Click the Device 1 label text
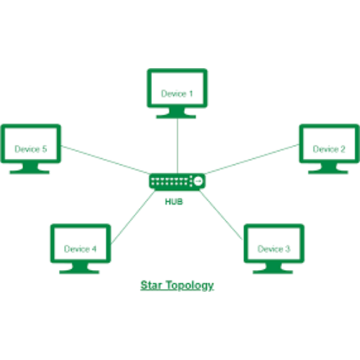pos(177,94)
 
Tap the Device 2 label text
pos(329,149)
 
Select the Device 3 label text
pos(274,249)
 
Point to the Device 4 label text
pos(80,249)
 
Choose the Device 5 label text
pos(31,149)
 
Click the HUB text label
pos(174,202)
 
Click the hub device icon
pos(177,181)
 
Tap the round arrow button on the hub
pos(198,181)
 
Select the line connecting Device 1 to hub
pos(177,146)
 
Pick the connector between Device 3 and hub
pos(221,215)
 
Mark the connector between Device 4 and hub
pos(133,217)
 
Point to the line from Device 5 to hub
pos(105,160)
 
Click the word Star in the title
pos(151,285)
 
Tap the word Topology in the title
pos(190,285)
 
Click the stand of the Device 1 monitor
pos(176,113)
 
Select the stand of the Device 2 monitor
pos(328,168)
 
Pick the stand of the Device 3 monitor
pos(273,268)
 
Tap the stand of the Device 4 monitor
pos(79,268)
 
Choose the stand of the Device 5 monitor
pos(30,168)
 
